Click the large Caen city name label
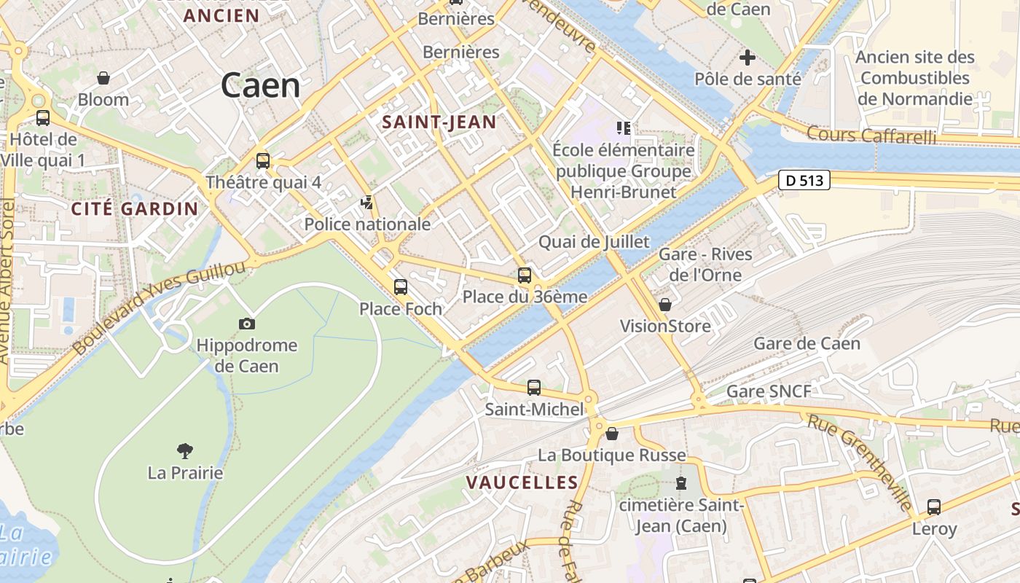point(260,86)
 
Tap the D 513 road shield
point(804,180)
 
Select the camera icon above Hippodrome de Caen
point(247,324)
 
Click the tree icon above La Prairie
point(185,452)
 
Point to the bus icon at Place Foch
point(401,287)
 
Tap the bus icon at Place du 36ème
point(525,275)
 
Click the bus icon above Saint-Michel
point(534,388)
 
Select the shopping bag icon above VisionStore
point(665,305)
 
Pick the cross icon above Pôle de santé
point(748,58)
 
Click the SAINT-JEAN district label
point(439,122)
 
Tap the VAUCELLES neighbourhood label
point(522,482)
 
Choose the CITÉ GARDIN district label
point(135,209)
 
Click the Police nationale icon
point(367,203)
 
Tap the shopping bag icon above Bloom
point(103,78)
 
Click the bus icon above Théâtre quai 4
point(263,161)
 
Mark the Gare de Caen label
point(807,343)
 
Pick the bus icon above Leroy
point(934,507)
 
